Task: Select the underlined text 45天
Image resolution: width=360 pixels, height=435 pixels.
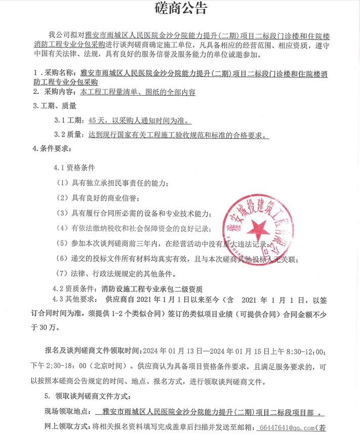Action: coord(96,121)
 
